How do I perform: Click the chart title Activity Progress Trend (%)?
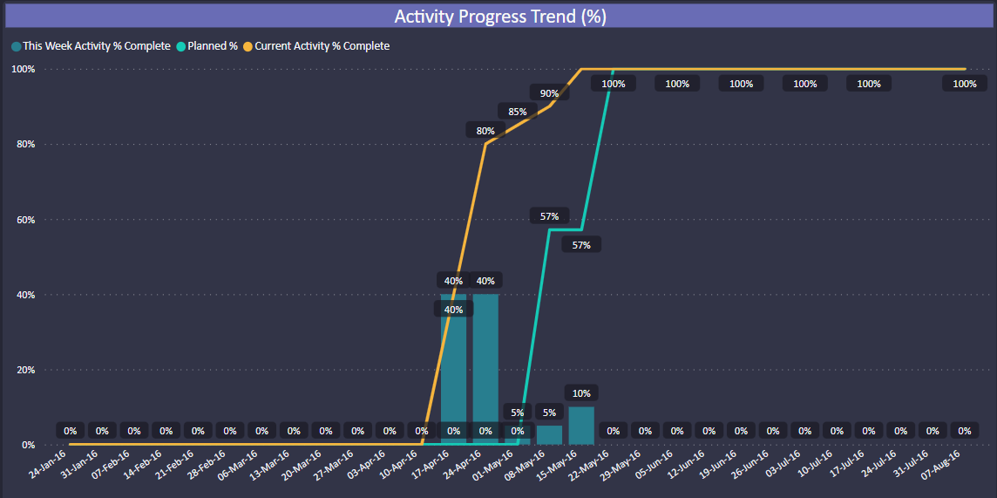(x=499, y=17)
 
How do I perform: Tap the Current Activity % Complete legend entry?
(x=322, y=46)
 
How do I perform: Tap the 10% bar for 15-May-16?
(x=581, y=426)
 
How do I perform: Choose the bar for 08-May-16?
(x=549, y=435)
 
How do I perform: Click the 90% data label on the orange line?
(x=549, y=93)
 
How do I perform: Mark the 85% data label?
(x=517, y=112)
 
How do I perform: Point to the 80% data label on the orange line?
(x=485, y=131)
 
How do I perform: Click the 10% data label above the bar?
(x=581, y=393)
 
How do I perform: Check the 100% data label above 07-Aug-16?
(x=965, y=84)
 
